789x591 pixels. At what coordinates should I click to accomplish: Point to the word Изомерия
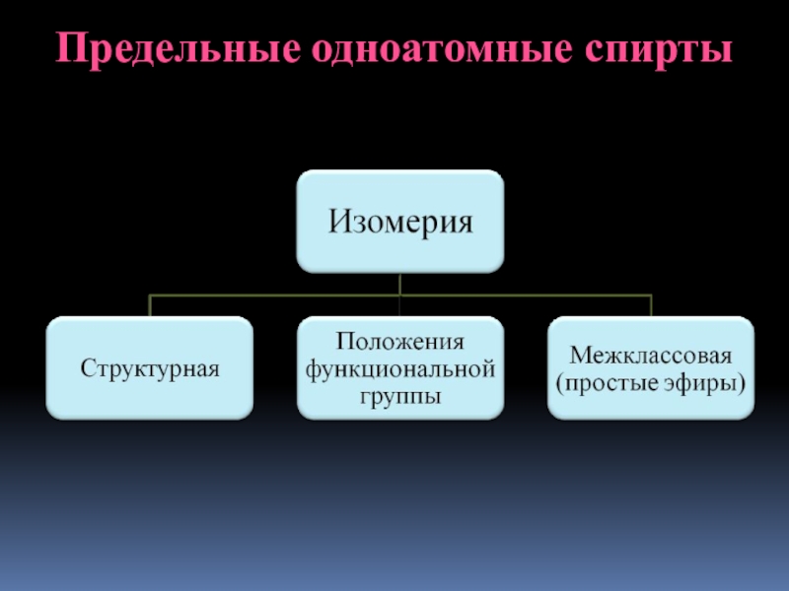[x=399, y=221]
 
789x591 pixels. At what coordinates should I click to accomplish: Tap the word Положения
[x=399, y=343]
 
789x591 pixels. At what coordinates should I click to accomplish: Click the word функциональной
[x=399, y=369]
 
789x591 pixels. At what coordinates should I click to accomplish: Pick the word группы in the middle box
[x=399, y=396]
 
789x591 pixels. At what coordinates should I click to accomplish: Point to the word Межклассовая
[x=651, y=355]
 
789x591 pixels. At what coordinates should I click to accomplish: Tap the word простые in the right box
[x=616, y=382]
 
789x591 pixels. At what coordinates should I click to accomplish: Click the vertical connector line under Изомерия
[x=399, y=283]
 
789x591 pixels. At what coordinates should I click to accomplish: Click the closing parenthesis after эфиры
[x=743, y=382]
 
